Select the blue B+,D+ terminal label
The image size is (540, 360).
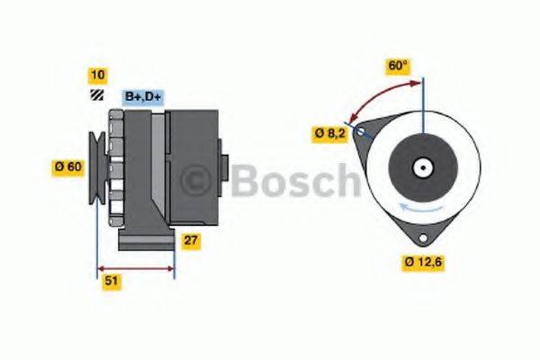[143, 95]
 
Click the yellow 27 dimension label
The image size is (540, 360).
[190, 240]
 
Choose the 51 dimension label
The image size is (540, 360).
[111, 281]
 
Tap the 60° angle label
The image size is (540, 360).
[397, 66]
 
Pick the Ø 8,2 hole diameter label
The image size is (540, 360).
[330, 133]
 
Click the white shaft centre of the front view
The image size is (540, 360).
[421, 166]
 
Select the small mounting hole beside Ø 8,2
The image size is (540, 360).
[361, 131]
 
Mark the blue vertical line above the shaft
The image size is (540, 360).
[421, 108]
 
